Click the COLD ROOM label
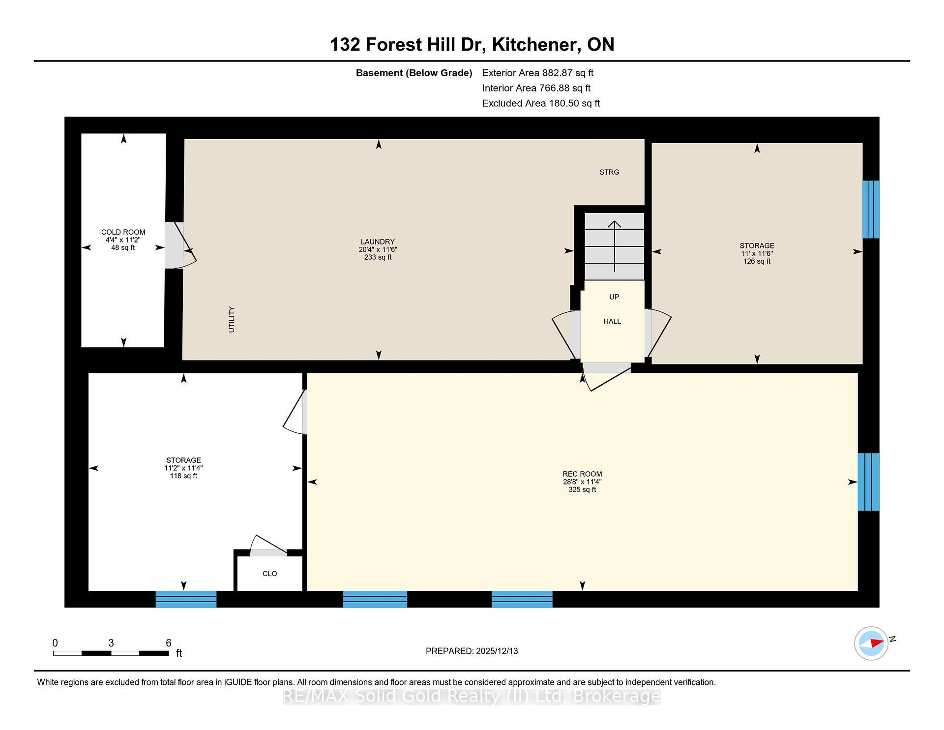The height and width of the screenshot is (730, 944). [x=123, y=232]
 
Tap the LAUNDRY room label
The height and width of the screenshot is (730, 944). [x=378, y=242]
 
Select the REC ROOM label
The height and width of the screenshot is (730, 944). [x=583, y=474]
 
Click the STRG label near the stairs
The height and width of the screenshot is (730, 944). [x=609, y=172]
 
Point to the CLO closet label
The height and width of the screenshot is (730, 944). [x=270, y=574]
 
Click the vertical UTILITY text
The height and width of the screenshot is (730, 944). [x=232, y=319]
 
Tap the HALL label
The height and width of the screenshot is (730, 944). [x=612, y=321]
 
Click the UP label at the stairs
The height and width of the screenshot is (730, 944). [x=614, y=297]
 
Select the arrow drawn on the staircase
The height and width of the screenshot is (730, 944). [x=615, y=246]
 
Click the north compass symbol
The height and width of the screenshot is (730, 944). [x=872, y=643]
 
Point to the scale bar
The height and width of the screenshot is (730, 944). [x=111, y=653]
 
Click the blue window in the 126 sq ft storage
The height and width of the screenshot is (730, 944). [x=871, y=210]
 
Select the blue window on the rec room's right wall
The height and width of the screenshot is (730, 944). [x=868, y=482]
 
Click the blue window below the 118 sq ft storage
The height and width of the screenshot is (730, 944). [x=186, y=599]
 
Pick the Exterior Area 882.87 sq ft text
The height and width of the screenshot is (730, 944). [x=538, y=73]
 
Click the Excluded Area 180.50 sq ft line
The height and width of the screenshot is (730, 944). [x=541, y=104]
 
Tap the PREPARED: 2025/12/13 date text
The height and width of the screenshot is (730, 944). [x=472, y=651]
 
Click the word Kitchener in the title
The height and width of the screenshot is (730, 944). [x=534, y=45]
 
